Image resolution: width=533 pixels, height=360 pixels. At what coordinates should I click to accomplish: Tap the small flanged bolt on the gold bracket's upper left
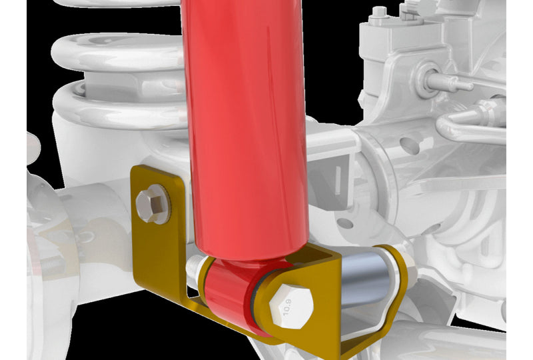(x=152, y=203)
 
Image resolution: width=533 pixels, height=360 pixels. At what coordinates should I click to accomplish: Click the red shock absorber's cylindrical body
(x=245, y=133)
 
